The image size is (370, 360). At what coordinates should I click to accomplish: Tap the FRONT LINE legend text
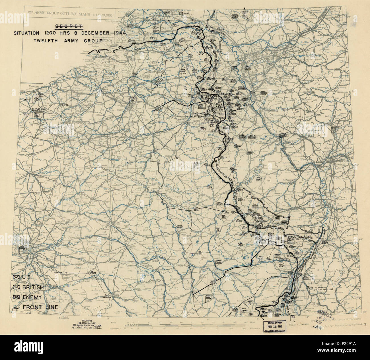pos(40,307)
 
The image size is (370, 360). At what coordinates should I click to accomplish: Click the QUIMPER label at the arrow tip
pos(58,272)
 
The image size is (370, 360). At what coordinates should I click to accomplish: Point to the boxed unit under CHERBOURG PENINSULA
pos(37,115)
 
